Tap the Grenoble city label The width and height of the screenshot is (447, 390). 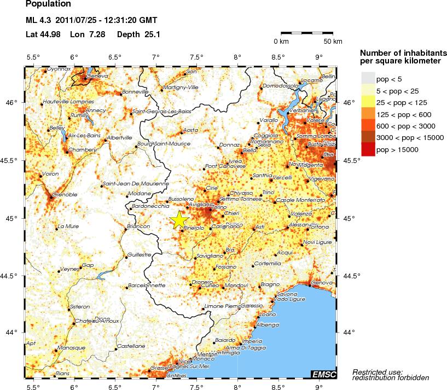tap(65, 194)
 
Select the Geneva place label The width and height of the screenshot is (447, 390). tap(97, 75)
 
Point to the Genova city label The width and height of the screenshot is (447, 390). tap(322, 283)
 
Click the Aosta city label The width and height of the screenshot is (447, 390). tap(190, 130)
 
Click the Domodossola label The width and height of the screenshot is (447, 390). tap(281, 86)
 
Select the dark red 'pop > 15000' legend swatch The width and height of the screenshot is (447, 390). tap(368, 149)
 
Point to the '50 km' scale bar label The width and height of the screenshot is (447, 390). tap(333, 42)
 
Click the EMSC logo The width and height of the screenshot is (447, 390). tap(324, 374)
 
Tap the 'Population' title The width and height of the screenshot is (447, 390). tap(48, 5)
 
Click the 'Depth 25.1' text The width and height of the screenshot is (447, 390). tap(138, 34)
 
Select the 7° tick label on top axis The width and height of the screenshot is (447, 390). tap(156, 57)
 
